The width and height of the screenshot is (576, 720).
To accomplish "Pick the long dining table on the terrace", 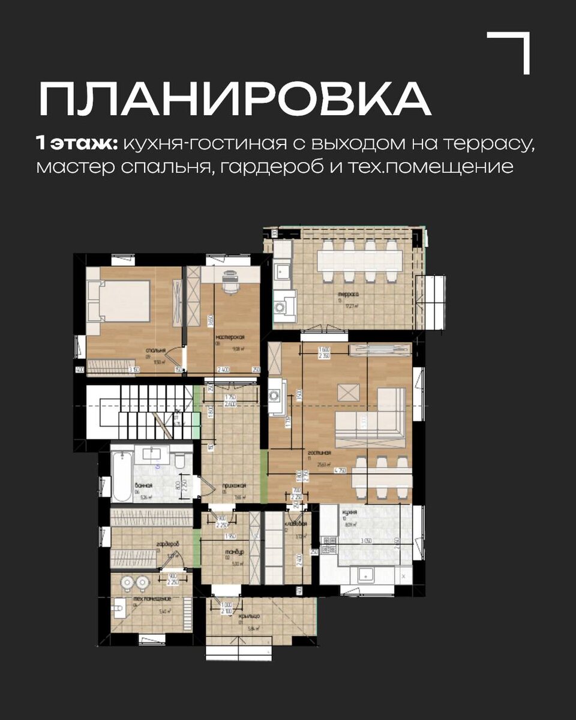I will (359, 260).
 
